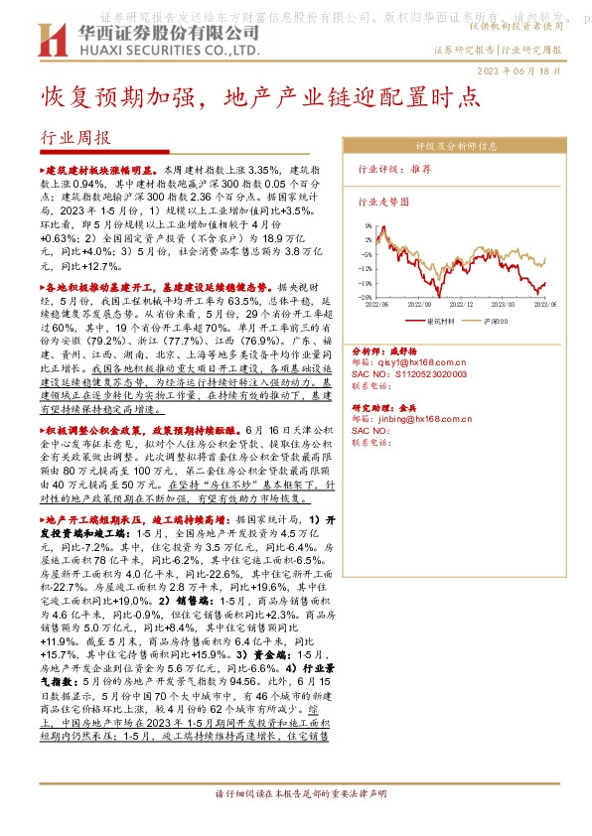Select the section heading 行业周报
coord(76,138)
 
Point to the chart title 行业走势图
coord(382,201)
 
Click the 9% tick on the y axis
coord(366,226)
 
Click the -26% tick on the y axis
coord(365,297)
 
